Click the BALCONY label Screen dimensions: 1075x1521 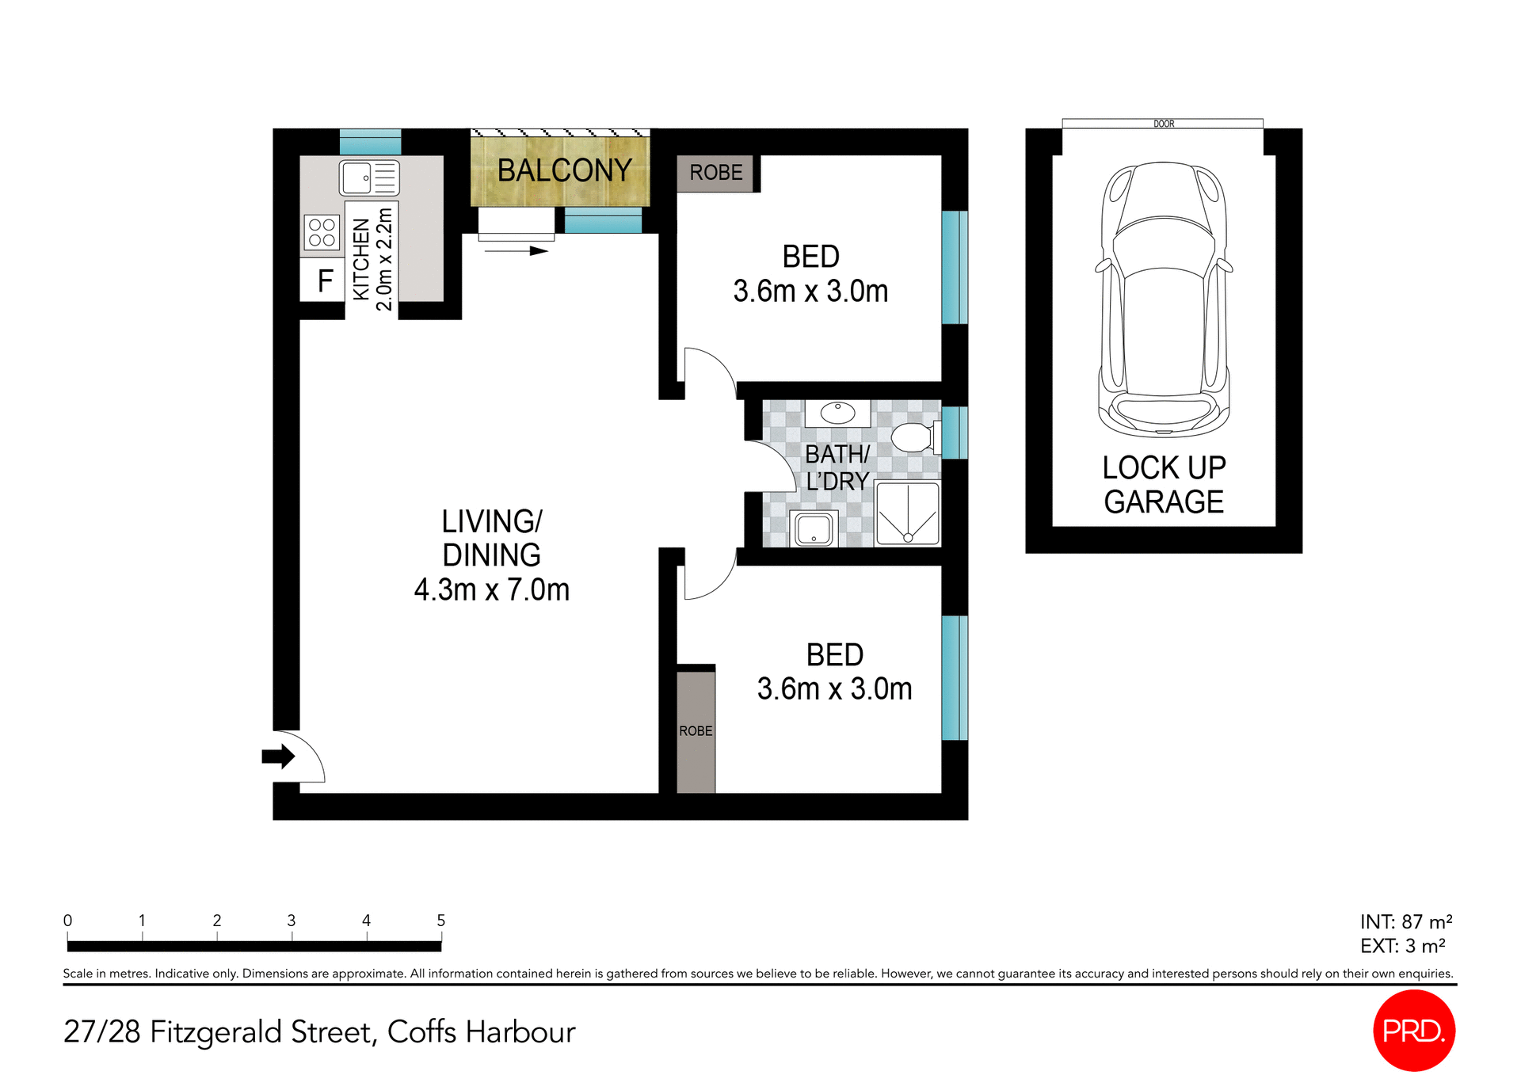564,170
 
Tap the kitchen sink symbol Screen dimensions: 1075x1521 369,177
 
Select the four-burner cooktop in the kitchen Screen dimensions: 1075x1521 322,232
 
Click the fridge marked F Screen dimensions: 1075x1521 324,281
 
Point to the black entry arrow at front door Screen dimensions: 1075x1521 277,757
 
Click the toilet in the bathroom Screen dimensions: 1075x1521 914,436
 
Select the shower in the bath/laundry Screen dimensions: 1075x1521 908,514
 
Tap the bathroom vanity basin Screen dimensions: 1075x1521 837,413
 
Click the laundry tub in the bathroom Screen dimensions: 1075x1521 814,529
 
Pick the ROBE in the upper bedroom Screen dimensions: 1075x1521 715,173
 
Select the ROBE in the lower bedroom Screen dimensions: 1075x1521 696,730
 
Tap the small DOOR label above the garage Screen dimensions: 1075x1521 1163,124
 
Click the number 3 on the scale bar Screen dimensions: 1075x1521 292,921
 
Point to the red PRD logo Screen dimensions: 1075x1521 1413,1030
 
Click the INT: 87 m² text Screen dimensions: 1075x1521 1405,922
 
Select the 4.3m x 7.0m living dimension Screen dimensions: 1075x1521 491,590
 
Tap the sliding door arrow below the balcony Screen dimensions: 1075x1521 516,251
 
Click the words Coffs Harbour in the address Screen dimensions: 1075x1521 481,1032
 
